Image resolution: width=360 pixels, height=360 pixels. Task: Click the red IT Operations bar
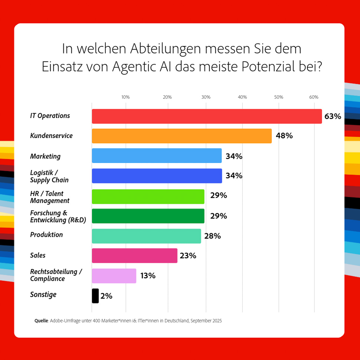tap(207, 116)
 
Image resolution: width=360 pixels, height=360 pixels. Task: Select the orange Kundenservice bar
tap(182, 136)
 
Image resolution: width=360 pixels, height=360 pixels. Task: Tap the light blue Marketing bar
tap(157, 156)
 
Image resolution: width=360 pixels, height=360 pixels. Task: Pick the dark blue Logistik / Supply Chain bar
tap(157, 176)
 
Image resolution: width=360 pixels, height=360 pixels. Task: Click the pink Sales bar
tap(134, 256)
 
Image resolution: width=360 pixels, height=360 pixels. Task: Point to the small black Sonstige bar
tap(95, 296)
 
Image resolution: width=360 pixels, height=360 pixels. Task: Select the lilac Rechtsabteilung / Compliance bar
tap(114, 276)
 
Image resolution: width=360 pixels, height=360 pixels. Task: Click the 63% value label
tap(333, 116)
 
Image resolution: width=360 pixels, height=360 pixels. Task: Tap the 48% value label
tap(284, 136)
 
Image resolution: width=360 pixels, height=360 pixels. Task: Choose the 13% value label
tap(148, 276)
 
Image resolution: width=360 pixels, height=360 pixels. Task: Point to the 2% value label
tap(106, 296)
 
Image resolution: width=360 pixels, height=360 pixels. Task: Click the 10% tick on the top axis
tap(125, 97)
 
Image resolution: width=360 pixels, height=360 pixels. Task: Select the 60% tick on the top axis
tap(314, 97)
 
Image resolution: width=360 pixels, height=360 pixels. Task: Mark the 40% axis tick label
tap(242, 97)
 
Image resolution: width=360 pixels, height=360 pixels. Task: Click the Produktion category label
tap(46, 235)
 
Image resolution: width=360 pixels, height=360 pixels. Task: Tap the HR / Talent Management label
tap(50, 197)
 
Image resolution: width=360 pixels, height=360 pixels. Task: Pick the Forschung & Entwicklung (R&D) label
tap(58, 216)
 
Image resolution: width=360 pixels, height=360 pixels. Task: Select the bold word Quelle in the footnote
tap(41, 321)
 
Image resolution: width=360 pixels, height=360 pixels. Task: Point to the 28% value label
tap(212, 236)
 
